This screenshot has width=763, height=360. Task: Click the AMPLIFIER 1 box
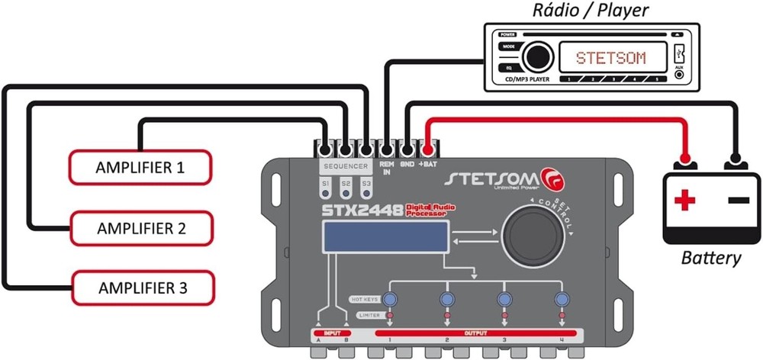(x=140, y=167)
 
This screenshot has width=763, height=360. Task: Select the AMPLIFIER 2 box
(x=140, y=227)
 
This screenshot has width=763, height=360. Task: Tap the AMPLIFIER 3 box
(x=142, y=288)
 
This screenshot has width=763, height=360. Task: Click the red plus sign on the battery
(x=685, y=201)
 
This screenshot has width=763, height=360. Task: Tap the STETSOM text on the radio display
(x=610, y=57)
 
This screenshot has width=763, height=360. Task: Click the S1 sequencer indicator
(x=325, y=185)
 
